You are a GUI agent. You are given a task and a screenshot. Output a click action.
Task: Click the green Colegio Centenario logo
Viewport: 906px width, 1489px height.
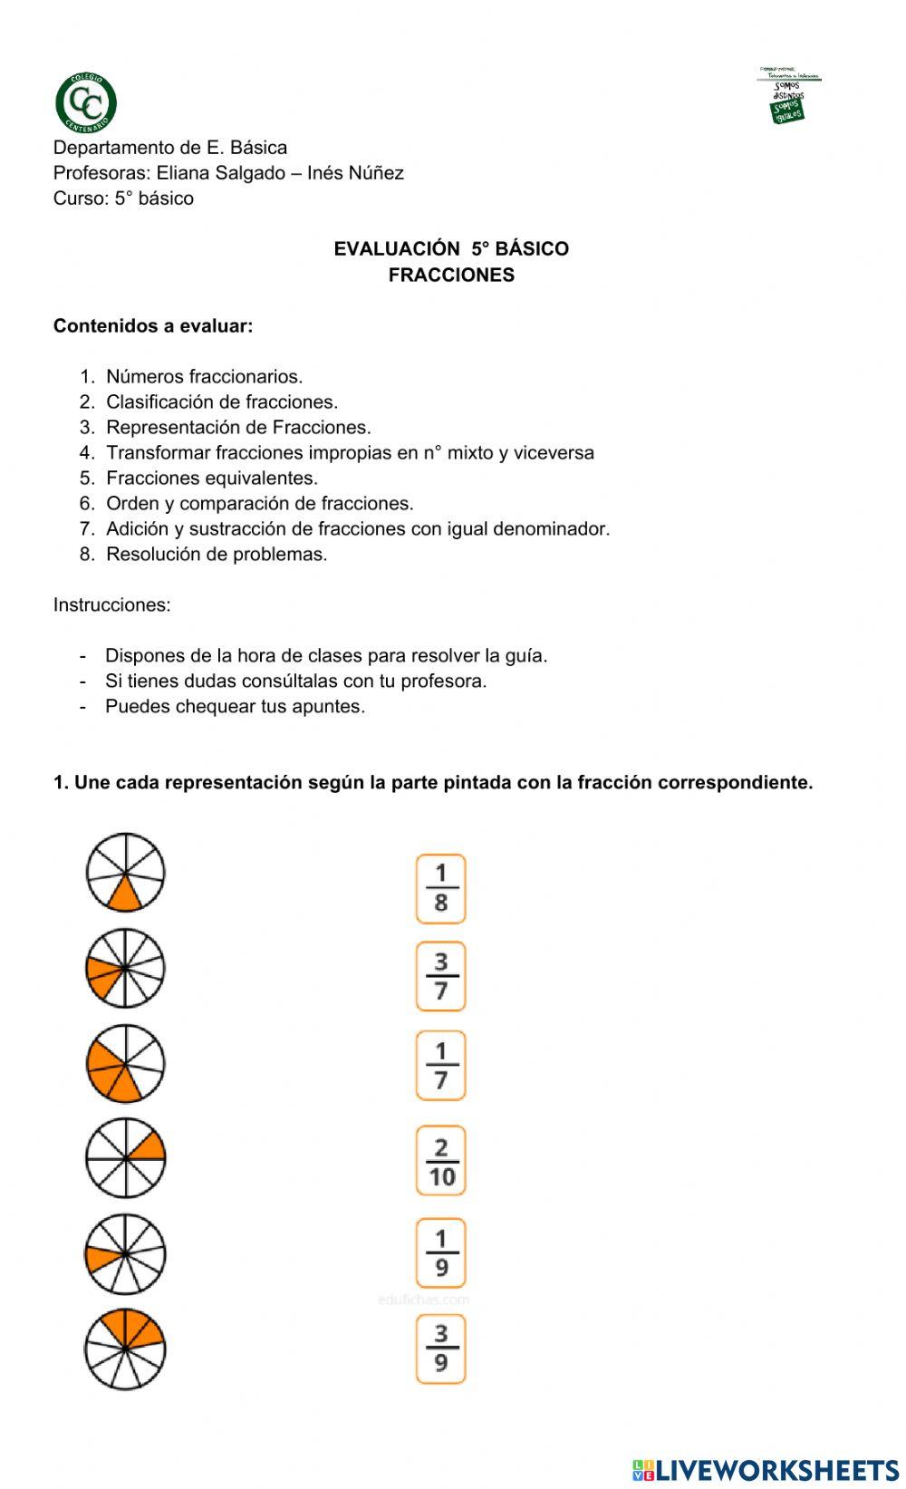(86, 102)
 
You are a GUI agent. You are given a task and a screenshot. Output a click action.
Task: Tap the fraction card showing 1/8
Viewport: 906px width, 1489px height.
(440, 888)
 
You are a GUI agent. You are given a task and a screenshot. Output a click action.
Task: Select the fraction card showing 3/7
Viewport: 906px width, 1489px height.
(440, 976)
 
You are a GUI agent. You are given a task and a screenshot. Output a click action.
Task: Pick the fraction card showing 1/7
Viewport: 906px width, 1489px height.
(440, 1065)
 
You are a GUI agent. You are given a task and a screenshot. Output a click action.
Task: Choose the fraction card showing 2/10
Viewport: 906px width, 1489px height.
(441, 1161)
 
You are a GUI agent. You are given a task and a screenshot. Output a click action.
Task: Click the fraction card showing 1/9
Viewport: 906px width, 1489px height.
(440, 1253)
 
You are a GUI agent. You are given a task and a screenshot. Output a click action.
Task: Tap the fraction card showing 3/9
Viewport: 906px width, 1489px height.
(440, 1349)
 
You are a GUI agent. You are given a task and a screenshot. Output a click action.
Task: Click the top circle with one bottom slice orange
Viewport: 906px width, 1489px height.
(126, 873)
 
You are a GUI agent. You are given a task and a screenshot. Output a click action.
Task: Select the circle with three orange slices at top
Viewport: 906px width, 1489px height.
(126, 1349)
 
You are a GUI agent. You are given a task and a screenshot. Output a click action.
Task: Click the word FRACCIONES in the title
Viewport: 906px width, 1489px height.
(451, 276)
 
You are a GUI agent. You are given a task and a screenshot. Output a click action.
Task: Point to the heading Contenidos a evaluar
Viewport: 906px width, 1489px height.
(153, 326)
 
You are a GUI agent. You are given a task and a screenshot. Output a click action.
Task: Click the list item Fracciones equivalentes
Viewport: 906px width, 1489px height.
(212, 479)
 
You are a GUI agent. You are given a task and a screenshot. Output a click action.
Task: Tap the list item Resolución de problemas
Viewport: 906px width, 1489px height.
(217, 555)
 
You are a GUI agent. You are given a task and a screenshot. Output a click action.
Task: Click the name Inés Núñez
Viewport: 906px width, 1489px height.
(355, 173)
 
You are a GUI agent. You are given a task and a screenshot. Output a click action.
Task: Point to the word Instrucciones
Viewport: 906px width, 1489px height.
(111, 605)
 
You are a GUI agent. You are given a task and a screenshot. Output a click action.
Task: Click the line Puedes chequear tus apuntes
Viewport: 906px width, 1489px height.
(235, 707)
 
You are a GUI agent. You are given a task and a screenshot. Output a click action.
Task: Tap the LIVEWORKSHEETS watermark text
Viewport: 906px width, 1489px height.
(776, 1469)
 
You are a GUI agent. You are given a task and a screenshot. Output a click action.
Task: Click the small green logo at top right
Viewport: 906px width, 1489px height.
(788, 95)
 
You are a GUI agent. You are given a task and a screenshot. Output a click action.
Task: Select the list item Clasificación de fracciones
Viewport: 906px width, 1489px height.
(221, 402)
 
